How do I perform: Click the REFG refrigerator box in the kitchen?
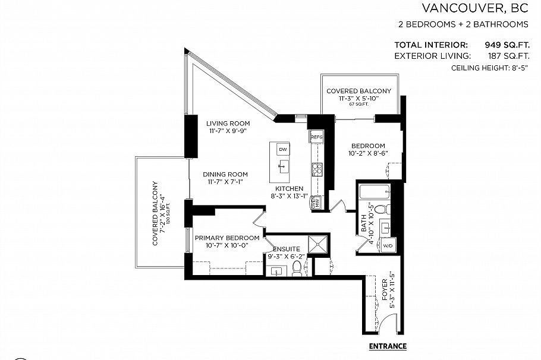click(x=316, y=137)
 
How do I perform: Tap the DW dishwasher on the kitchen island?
click(x=283, y=149)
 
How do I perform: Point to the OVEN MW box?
click(x=316, y=203)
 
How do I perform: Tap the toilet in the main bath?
click(x=384, y=209)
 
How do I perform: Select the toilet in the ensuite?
click(x=297, y=271)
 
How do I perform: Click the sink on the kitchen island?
click(x=284, y=165)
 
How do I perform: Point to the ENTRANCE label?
click(x=388, y=346)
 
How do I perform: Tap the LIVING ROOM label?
click(x=226, y=124)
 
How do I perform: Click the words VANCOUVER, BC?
click(x=475, y=8)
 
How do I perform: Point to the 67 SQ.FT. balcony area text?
click(x=358, y=104)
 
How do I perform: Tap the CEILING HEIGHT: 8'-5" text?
click(x=490, y=68)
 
